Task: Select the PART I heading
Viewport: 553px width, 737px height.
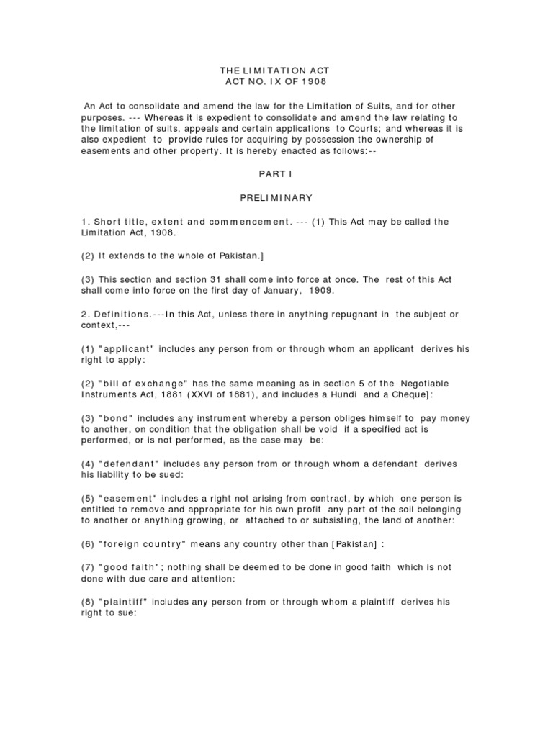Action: point(275,174)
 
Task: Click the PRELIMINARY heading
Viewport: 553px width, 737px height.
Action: point(275,198)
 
